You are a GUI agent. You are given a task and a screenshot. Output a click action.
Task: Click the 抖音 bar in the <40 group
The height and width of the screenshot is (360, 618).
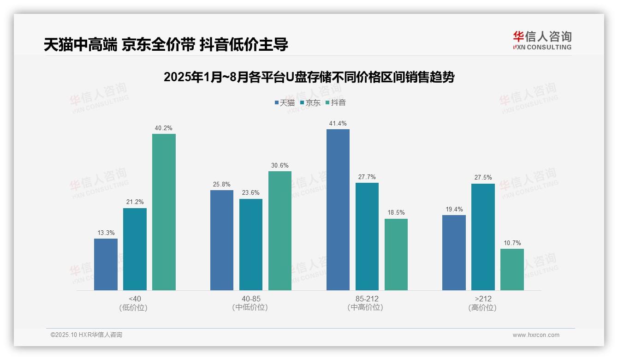(x=164, y=212)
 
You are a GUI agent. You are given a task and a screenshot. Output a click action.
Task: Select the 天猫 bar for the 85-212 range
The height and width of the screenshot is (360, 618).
(x=338, y=210)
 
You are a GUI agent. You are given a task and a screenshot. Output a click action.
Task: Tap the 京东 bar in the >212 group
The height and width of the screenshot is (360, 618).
(x=483, y=237)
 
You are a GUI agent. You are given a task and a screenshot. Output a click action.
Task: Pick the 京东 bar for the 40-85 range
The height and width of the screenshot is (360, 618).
(x=251, y=244)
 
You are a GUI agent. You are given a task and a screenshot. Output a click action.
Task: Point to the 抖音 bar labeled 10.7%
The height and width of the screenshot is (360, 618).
(x=512, y=270)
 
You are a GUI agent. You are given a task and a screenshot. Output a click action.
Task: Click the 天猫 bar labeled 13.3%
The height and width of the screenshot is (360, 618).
(x=106, y=264)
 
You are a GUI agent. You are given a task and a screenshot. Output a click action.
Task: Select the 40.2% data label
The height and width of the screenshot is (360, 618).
(x=164, y=128)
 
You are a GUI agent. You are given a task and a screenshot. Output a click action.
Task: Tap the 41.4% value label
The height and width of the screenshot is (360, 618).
(x=338, y=124)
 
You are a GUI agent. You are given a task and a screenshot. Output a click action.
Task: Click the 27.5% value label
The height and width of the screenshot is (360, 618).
(x=483, y=178)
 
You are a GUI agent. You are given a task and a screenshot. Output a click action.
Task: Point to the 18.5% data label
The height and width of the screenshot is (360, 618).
(x=396, y=213)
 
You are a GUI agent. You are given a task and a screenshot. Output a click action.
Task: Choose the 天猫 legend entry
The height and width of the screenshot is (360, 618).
(x=285, y=102)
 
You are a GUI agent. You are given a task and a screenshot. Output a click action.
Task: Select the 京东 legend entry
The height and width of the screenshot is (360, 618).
(x=310, y=102)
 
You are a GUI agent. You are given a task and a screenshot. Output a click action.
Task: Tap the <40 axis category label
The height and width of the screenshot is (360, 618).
(x=135, y=299)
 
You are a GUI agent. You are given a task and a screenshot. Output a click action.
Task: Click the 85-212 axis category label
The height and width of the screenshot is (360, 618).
(x=367, y=299)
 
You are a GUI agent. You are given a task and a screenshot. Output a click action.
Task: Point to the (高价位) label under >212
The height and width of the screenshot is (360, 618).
(x=483, y=308)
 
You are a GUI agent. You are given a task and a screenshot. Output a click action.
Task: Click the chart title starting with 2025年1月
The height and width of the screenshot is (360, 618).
(x=309, y=77)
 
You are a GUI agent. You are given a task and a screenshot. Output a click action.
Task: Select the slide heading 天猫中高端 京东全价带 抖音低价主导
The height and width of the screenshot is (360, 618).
(x=166, y=44)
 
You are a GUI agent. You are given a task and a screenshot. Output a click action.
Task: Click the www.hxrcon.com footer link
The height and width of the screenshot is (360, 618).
(x=536, y=335)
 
